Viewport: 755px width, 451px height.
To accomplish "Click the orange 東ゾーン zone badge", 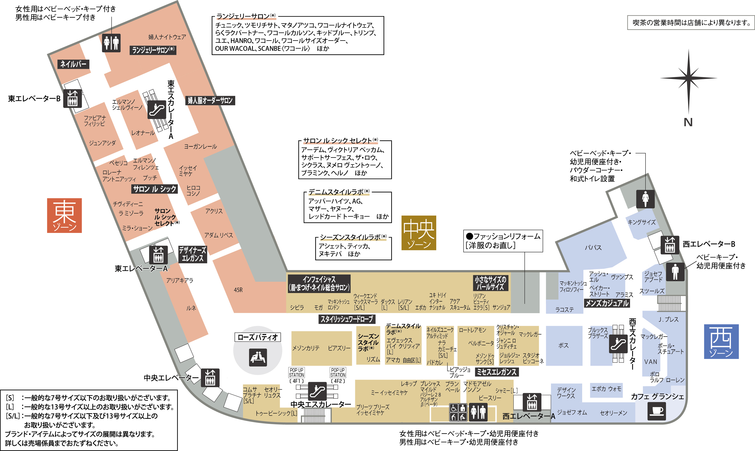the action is pyautogui.click(x=64, y=216).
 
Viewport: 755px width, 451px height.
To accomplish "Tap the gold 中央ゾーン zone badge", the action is pyautogui.click(x=419, y=233).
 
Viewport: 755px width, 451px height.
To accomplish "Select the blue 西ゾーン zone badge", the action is pyautogui.click(x=721, y=341).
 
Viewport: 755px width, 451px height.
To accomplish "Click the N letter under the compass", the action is pyautogui.click(x=688, y=122).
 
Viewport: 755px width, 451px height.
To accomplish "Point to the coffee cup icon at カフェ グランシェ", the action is pyautogui.click(x=657, y=411).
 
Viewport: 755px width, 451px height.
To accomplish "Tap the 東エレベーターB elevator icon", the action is pyautogui.click(x=72, y=98).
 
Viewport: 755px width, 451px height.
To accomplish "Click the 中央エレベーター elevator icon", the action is pyautogui.click(x=210, y=378).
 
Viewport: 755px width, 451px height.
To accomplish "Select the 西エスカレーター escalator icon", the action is pyautogui.click(x=618, y=344).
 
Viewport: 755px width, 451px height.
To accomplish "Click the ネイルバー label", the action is pyautogui.click(x=73, y=64).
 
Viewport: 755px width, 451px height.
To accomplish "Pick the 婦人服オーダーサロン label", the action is pyautogui.click(x=210, y=101).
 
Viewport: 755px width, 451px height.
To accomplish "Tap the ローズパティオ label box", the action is pyautogui.click(x=257, y=337).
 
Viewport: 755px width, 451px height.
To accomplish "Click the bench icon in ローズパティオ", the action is pyautogui.click(x=258, y=357).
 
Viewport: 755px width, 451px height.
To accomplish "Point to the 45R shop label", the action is pyautogui.click(x=238, y=290).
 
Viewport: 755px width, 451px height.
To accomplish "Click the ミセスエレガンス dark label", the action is pyautogui.click(x=497, y=372).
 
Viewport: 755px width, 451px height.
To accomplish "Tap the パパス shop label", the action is pyautogui.click(x=593, y=248).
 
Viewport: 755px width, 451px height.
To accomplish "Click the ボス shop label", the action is pyautogui.click(x=563, y=346).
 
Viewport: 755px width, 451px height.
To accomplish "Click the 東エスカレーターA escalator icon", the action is pyautogui.click(x=157, y=109).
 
